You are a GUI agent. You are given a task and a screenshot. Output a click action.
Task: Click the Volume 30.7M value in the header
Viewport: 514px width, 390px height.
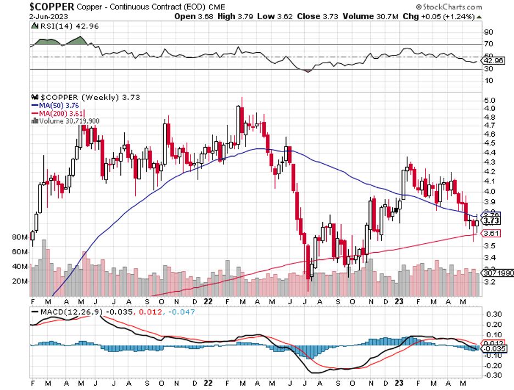tap(364, 16)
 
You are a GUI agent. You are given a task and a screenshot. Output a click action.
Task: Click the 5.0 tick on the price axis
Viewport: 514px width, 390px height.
tap(490, 101)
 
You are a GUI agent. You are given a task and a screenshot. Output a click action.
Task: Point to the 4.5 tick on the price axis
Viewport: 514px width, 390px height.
tap(490, 143)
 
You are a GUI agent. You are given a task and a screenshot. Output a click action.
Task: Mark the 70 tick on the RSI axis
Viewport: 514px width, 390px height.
tap(488, 43)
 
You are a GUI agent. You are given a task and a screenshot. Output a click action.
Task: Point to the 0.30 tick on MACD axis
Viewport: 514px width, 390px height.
tap(491, 314)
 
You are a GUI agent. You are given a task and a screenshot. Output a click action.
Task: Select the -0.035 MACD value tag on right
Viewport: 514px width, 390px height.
tap(492, 349)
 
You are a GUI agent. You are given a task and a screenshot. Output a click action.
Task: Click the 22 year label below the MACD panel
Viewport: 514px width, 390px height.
tap(209, 383)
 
